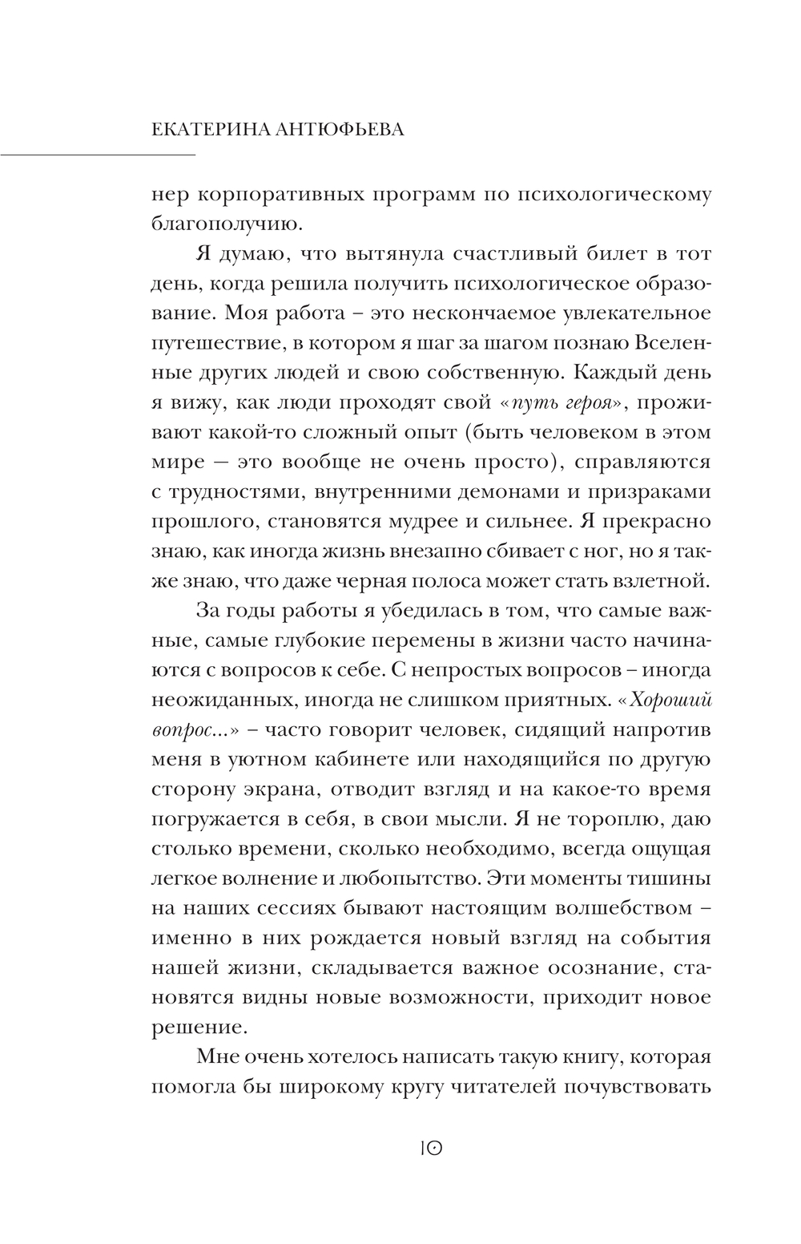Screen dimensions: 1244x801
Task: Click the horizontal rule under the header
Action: [x=98, y=153]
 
